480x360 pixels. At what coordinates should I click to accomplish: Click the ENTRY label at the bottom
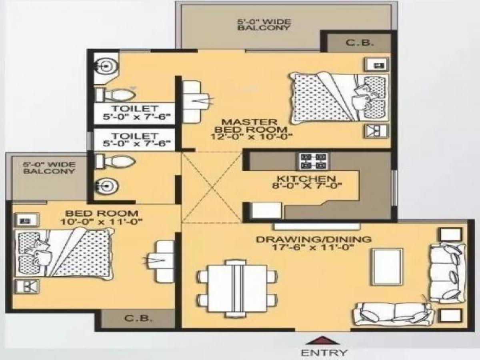tap(324, 352)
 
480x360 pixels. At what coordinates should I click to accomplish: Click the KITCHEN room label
tap(307, 178)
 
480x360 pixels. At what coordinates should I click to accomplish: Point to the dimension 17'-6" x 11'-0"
tap(313, 247)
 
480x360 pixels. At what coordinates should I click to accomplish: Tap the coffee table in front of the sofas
tap(387, 266)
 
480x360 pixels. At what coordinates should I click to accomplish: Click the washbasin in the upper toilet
tap(105, 66)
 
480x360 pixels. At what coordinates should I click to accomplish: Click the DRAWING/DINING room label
tap(314, 239)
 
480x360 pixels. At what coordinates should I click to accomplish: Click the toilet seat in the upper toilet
tap(116, 94)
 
